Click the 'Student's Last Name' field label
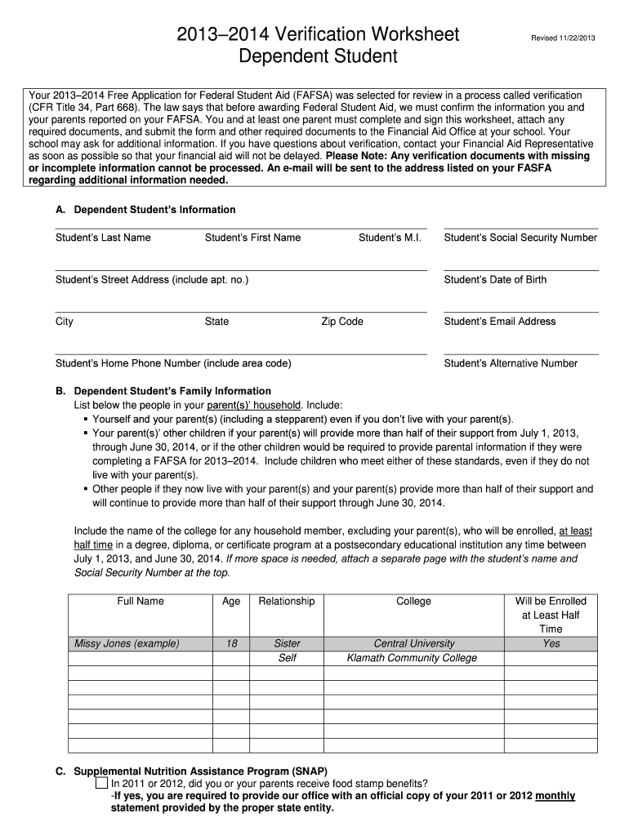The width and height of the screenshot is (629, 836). point(103,238)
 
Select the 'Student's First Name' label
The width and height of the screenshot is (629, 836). point(252,238)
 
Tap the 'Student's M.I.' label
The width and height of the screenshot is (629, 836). point(390,238)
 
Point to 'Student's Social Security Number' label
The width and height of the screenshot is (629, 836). point(520,238)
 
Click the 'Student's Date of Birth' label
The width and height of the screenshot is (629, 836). point(495,280)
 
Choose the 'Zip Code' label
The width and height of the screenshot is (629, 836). point(342,322)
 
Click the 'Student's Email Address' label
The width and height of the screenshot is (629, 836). point(499,322)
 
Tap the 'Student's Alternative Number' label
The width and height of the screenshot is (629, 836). point(511,363)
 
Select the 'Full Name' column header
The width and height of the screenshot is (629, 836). point(141,601)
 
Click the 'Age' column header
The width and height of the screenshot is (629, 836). point(231,601)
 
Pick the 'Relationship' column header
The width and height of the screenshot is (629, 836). point(287,601)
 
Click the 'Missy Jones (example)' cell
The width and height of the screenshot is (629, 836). point(127,643)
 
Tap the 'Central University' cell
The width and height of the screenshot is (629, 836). point(414,643)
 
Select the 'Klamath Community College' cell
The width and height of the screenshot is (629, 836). point(412,658)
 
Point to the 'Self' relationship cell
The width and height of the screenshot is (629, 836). point(287,658)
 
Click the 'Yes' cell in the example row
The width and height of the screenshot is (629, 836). point(551,643)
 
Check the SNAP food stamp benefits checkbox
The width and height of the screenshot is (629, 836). point(101,784)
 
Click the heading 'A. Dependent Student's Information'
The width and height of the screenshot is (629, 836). point(145,210)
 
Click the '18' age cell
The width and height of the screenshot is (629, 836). point(231,643)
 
